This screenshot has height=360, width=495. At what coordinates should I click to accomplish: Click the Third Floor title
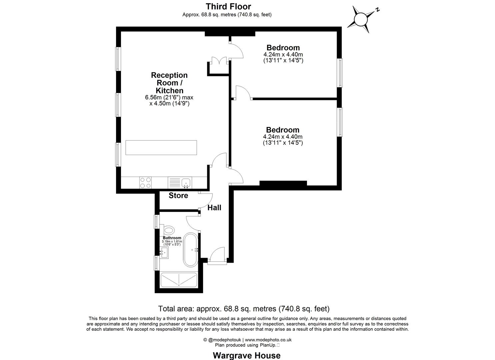point(228,7)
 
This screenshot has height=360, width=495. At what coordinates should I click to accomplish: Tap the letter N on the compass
point(378,10)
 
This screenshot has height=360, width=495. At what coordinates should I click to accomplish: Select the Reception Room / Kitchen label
point(169,83)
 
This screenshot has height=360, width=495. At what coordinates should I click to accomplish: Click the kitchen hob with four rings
point(146,183)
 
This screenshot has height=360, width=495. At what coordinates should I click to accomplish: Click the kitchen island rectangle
point(161,148)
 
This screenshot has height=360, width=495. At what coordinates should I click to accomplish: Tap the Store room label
point(178,195)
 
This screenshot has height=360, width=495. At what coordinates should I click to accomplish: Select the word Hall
point(214,208)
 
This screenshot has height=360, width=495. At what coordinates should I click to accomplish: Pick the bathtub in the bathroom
point(190,250)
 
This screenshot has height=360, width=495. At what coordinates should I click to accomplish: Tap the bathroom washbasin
point(164,253)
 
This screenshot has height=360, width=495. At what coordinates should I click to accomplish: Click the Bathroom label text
point(172,238)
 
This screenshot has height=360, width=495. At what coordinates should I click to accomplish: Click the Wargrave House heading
point(247,355)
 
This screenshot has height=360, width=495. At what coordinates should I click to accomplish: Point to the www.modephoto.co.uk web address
point(268,340)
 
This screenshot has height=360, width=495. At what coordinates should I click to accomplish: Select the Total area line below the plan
point(244,309)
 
